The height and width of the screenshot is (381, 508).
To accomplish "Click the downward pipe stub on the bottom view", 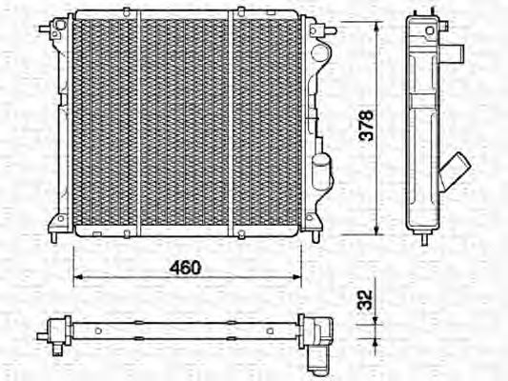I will tap(317, 359).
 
